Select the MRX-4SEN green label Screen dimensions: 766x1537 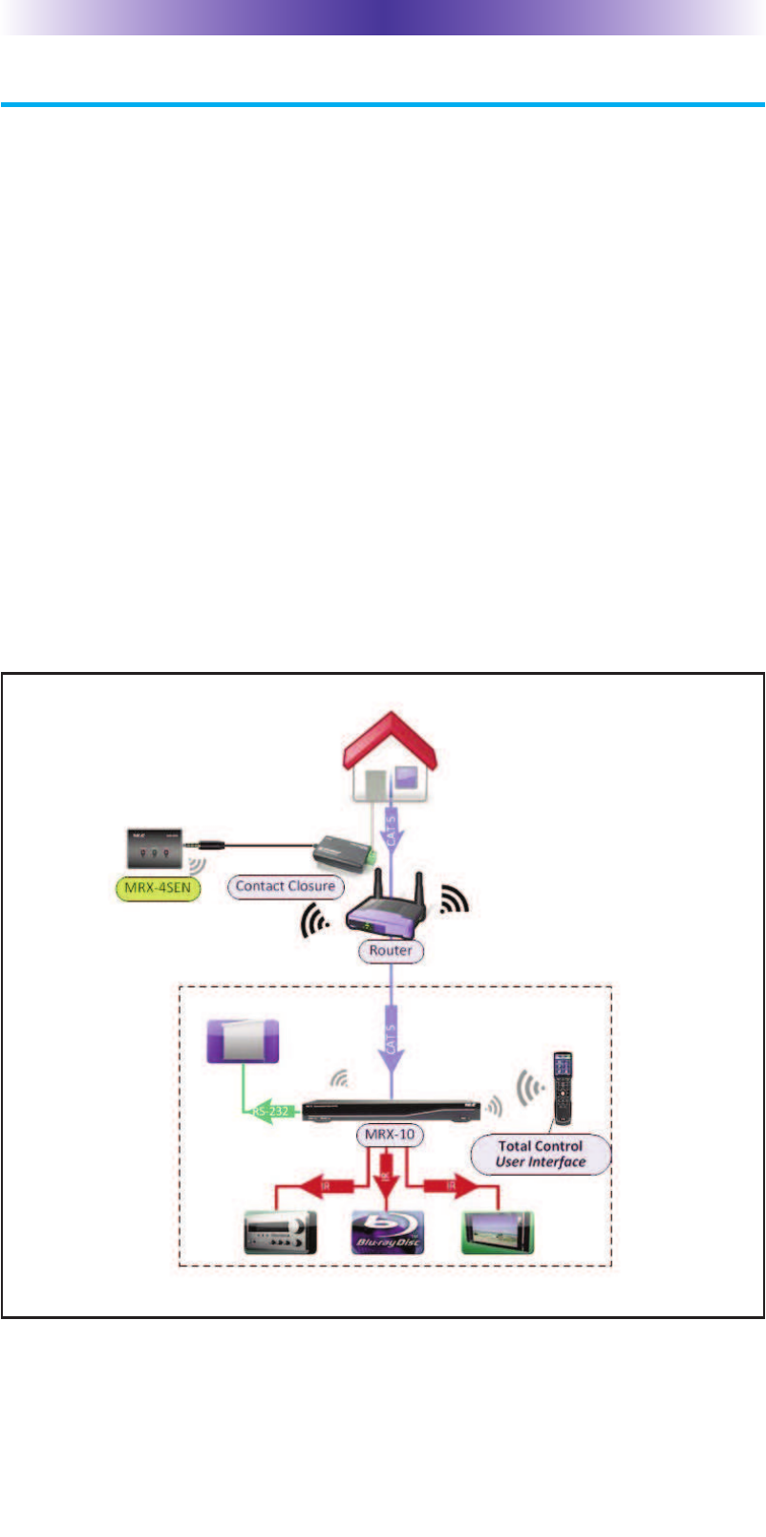pyautogui.click(x=158, y=888)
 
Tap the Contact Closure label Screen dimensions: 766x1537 pyautogui.click(x=286, y=886)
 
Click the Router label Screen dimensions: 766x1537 pyautogui.click(x=391, y=950)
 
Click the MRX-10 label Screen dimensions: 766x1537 pyautogui.click(x=390, y=1136)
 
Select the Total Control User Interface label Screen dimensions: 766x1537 pyautogui.click(x=541, y=1154)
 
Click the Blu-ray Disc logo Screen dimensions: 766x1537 pyautogui.click(x=388, y=1232)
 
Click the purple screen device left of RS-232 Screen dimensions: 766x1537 pyautogui.click(x=244, y=1041)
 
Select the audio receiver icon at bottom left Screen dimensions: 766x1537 pyautogui.click(x=276, y=1232)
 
